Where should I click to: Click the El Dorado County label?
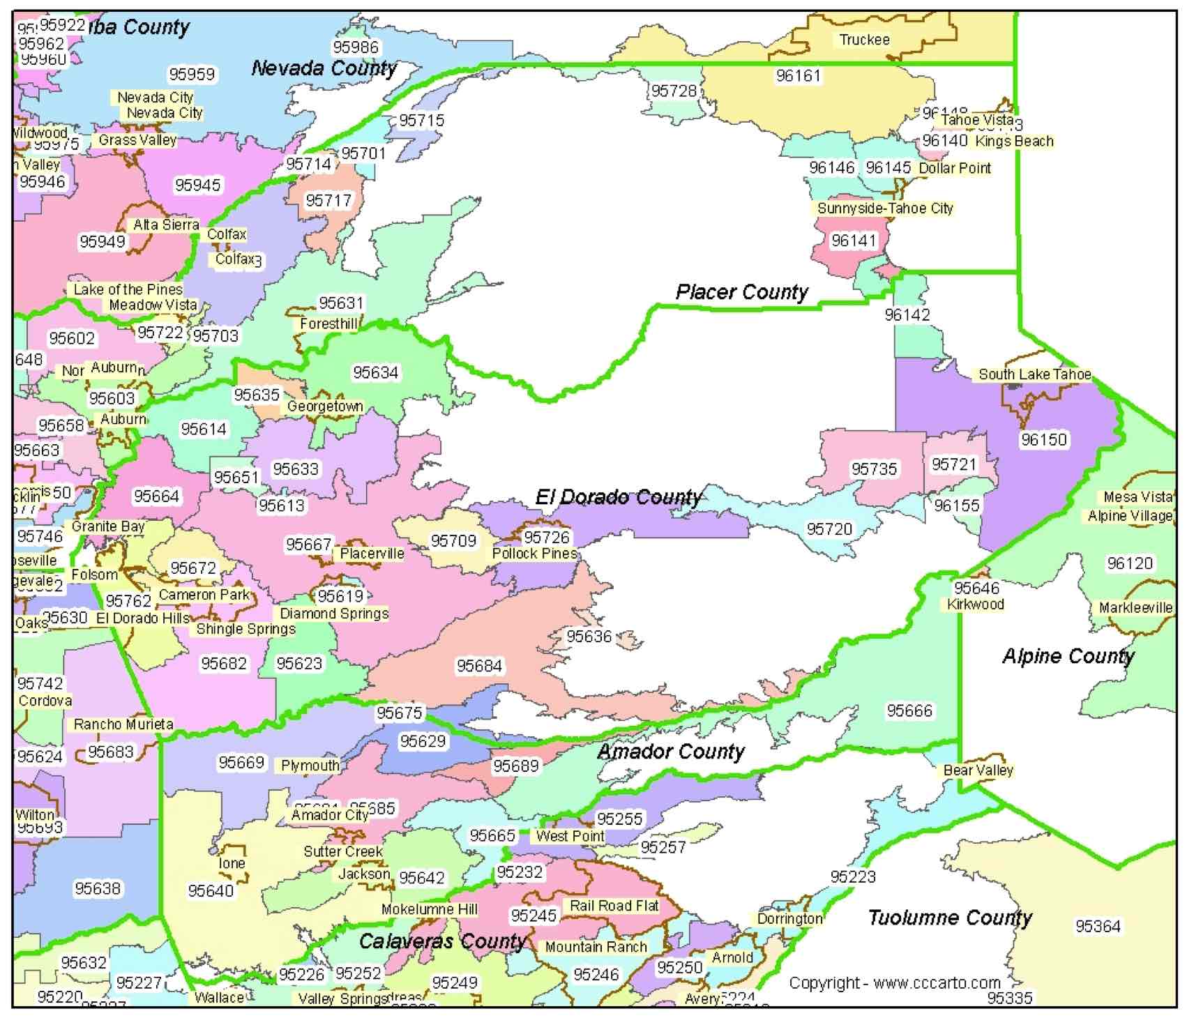(x=618, y=497)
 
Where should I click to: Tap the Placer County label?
(x=741, y=292)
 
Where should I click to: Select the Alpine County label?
(x=1068, y=656)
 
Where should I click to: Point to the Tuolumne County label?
(x=950, y=918)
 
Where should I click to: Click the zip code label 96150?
(x=1043, y=439)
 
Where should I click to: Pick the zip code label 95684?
(x=479, y=666)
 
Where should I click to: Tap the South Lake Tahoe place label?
(x=1034, y=374)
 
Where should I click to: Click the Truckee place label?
(x=864, y=40)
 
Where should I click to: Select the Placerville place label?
(x=372, y=554)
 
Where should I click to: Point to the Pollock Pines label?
(x=534, y=554)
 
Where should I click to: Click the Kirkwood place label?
(x=975, y=605)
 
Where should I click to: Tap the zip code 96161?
(x=799, y=75)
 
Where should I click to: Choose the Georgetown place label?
(x=325, y=406)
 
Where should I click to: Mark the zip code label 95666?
(x=909, y=711)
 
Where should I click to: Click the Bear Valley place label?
(x=978, y=770)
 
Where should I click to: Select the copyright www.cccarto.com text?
(x=895, y=983)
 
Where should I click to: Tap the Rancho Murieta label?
(x=123, y=724)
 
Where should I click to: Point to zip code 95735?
(x=875, y=469)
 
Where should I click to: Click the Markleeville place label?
(x=1135, y=608)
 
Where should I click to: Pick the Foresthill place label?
(x=328, y=324)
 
